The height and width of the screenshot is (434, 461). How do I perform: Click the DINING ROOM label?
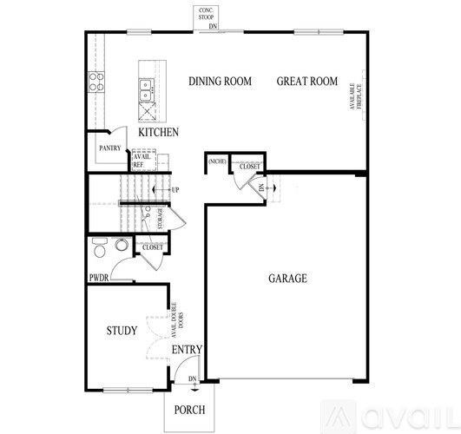[221, 82]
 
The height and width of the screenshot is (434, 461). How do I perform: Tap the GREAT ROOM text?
[306, 82]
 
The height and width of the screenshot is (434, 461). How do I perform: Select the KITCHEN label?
[158, 133]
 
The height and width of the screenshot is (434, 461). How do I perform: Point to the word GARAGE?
[286, 279]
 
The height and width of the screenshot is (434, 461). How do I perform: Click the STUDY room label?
[122, 331]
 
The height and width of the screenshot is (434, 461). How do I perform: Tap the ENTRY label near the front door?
[187, 350]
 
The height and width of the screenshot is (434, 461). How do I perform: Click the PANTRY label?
[109, 148]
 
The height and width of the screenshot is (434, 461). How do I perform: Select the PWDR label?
[99, 279]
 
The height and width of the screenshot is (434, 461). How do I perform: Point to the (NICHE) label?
[217, 161]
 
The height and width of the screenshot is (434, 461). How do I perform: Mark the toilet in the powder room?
[100, 248]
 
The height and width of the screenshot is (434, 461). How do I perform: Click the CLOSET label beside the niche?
[249, 166]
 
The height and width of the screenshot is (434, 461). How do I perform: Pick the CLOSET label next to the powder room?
[153, 247]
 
